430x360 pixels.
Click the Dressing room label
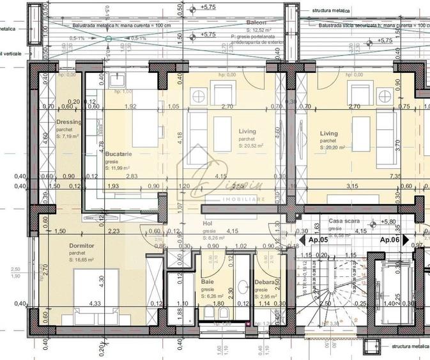[x=68, y=121]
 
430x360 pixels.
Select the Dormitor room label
[x=82, y=245]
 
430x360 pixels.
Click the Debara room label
[x=265, y=282]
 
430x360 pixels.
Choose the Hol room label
[x=208, y=224]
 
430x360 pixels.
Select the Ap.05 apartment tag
[x=318, y=239]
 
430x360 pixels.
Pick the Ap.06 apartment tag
[x=390, y=239]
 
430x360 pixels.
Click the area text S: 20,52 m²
[x=252, y=146]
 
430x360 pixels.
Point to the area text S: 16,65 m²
[x=81, y=260]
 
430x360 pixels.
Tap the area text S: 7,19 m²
[x=67, y=136]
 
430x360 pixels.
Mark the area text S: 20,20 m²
[x=332, y=147]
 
